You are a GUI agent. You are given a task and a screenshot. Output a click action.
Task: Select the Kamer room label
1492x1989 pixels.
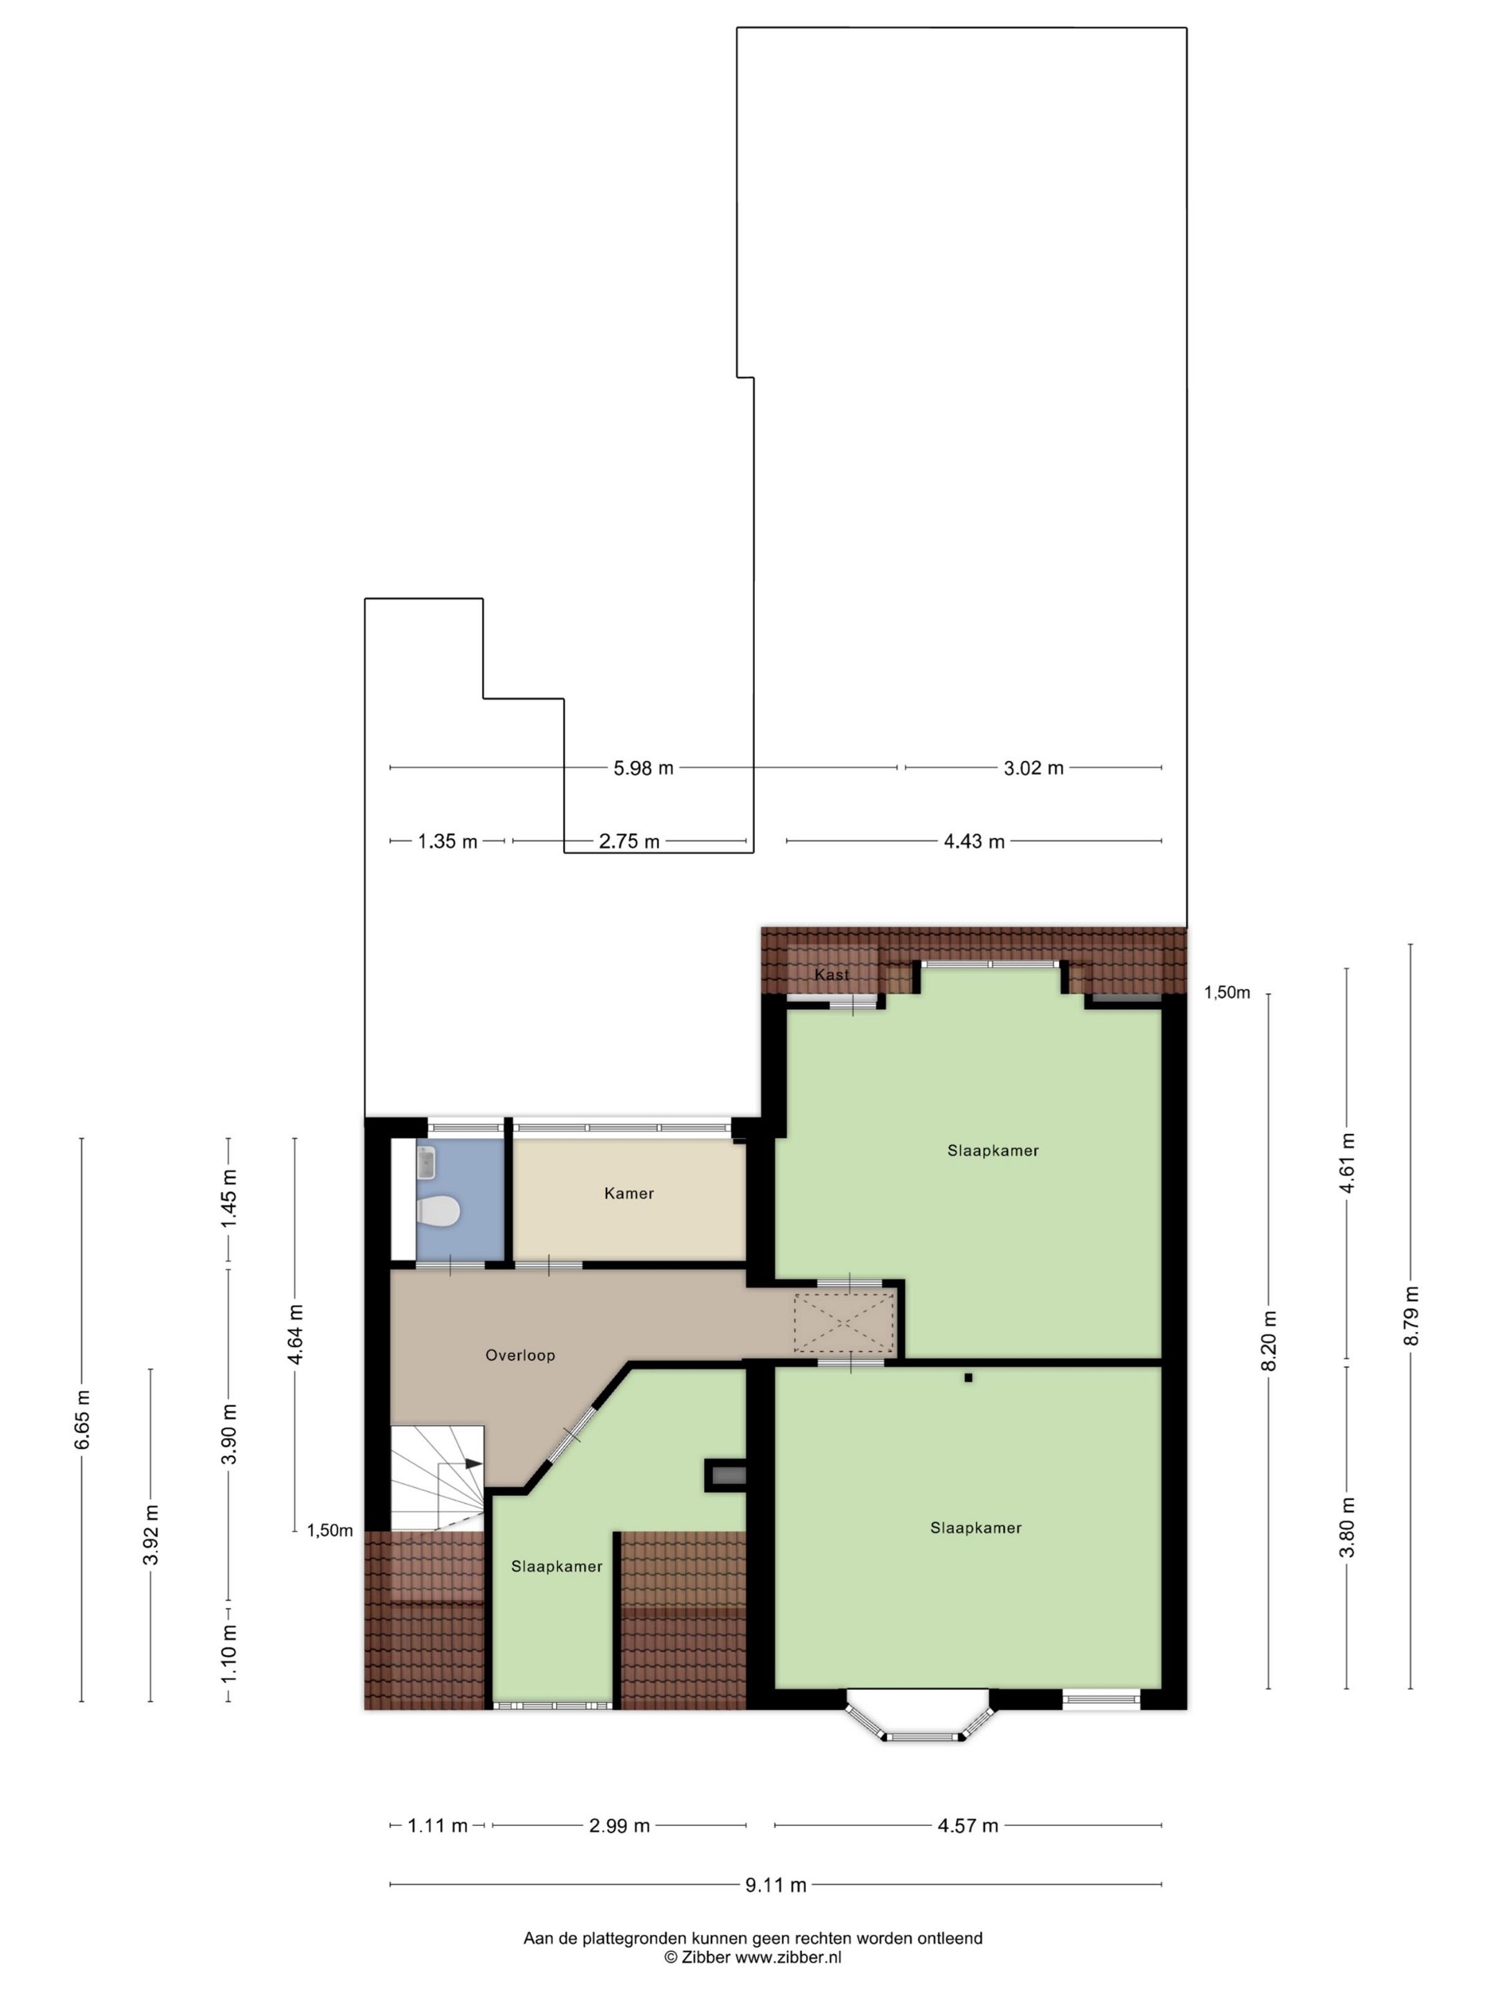pos(629,1193)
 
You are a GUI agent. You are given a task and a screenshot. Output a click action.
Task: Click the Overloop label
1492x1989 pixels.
pos(520,1355)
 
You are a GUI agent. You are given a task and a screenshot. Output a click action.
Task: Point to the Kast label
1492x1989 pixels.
pos(831,974)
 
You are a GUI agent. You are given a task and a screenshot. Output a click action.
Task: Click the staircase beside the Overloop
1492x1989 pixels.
pos(437,1477)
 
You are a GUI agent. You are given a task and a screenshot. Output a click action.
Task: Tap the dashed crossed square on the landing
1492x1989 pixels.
pos(843,1322)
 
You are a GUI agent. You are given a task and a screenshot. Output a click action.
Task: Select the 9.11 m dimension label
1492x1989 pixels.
pos(775,1885)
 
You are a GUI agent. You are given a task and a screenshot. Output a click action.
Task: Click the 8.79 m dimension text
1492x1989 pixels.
pos(1412,1316)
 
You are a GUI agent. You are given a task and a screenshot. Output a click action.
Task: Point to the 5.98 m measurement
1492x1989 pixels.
pos(643,768)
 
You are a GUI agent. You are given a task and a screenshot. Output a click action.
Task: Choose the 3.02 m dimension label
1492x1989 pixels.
pos(1033,768)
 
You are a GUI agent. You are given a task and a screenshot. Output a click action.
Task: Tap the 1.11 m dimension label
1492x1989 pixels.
pos(438,1825)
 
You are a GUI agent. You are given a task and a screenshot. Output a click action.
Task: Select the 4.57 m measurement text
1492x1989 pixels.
pos(968,1825)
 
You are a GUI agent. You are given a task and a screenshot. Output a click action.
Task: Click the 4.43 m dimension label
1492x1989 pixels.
pos(974,842)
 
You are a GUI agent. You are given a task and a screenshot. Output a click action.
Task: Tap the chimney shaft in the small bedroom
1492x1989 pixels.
pos(725,1474)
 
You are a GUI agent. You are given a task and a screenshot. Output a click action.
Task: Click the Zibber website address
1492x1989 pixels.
pos(789,1957)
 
